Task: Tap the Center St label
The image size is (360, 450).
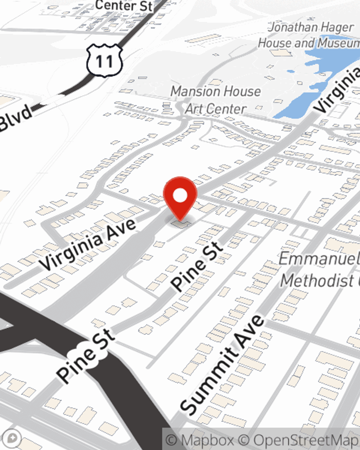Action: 125,5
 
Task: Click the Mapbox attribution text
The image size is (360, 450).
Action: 200,440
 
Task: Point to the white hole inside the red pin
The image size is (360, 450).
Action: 180,196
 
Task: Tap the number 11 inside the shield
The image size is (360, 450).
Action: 104,62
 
